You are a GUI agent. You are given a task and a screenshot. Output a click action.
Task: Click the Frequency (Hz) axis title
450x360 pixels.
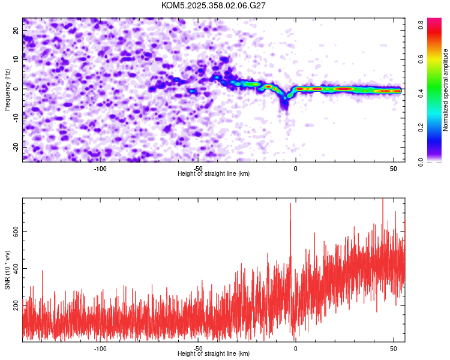7,89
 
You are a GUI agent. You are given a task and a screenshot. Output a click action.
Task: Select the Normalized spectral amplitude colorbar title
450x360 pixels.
446,89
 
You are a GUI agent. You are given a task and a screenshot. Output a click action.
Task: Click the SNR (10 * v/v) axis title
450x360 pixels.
7,270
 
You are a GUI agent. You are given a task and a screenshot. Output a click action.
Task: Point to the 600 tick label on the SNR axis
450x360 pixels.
14,232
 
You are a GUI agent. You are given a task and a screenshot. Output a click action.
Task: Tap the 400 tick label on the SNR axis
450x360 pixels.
14,269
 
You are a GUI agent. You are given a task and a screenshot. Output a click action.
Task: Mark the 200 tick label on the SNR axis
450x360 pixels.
14,306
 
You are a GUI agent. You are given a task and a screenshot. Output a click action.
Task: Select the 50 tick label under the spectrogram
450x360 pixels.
393,169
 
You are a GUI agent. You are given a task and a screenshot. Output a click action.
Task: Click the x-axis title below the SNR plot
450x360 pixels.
214,354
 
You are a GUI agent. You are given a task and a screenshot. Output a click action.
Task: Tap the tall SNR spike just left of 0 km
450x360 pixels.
290,204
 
